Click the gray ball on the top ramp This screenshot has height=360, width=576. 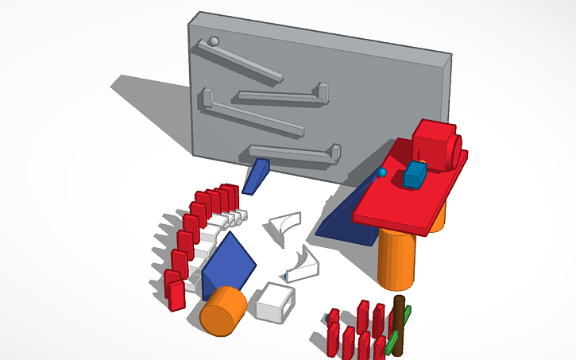pyautogui.click(x=212, y=42)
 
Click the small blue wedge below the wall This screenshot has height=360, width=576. pyautogui.click(x=255, y=176)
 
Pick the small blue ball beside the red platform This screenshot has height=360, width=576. pyautogui.click(x=382, y=172)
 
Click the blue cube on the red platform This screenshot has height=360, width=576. pyautogui.click(x=414, y=175)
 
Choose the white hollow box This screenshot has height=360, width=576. pyautogui.click(x=274, y=302)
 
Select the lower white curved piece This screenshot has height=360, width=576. pyautogui.click(x=303, y=266)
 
